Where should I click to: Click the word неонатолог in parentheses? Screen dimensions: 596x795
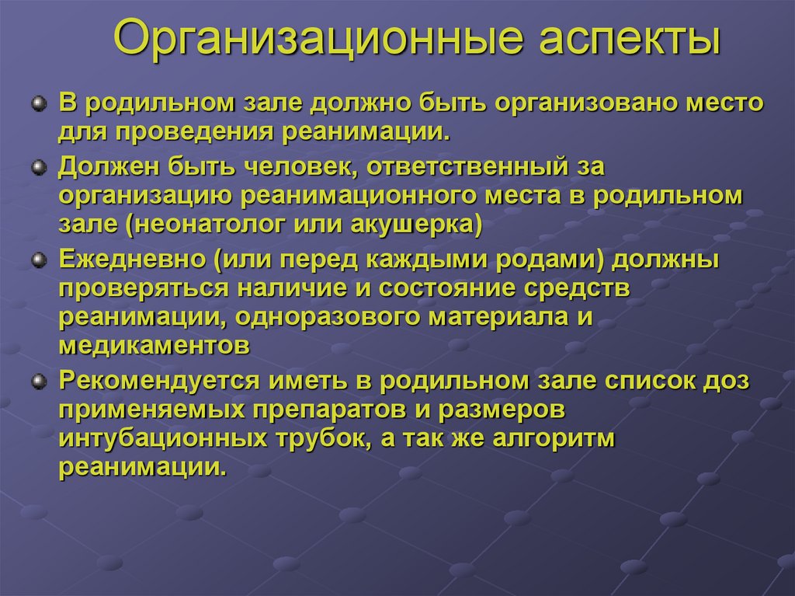(x=203, y=225)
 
